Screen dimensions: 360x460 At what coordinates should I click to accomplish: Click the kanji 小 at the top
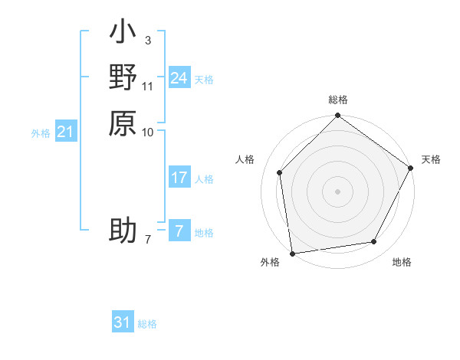(x=123, y=34)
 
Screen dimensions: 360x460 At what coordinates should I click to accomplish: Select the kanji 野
(x=123, y=78)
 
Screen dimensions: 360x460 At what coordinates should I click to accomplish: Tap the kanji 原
(x=123, y=123)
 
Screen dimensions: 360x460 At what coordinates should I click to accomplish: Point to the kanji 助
(x=123, y=231)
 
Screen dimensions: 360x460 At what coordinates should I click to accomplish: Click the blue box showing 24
(x=179, y=78)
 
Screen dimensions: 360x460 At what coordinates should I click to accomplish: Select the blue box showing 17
(x=179, y=178)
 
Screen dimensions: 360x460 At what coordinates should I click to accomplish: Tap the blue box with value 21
(x=66, y=133)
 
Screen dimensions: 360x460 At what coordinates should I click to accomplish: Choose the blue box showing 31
(x=123, y=322)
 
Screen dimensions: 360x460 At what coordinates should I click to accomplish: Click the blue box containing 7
(x=179, y=231)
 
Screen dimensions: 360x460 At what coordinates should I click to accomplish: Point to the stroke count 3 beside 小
(x=148, y=40)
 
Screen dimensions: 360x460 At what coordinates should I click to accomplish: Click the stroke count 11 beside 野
(x=149, y=85)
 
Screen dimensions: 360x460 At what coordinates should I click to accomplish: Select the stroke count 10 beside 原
(x=149, y=131)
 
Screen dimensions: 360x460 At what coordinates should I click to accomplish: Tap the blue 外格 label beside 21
(x=41, y=133)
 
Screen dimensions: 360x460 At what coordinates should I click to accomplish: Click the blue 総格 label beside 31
(x=147, y=324)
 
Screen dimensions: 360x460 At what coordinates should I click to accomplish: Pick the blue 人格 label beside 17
(x=204, y=179)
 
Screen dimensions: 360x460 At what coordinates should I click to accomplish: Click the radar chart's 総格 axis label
(x=337, y=100)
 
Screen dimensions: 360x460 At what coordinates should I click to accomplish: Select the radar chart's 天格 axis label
(x=431, y=159)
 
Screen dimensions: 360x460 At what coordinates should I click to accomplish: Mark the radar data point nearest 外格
(x=292, y=253)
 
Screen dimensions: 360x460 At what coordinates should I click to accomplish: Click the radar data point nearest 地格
(x=374, y=242)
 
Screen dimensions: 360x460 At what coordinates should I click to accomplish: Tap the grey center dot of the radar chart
(x=337, y=191)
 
